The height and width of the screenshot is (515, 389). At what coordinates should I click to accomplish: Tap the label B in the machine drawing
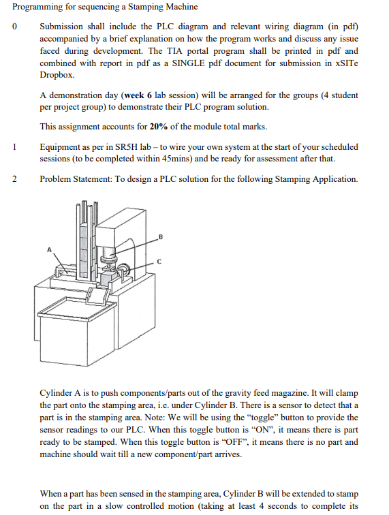click(x=161, y=236)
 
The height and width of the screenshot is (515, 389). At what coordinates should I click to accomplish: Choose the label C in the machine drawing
click(x=159, y=261)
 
